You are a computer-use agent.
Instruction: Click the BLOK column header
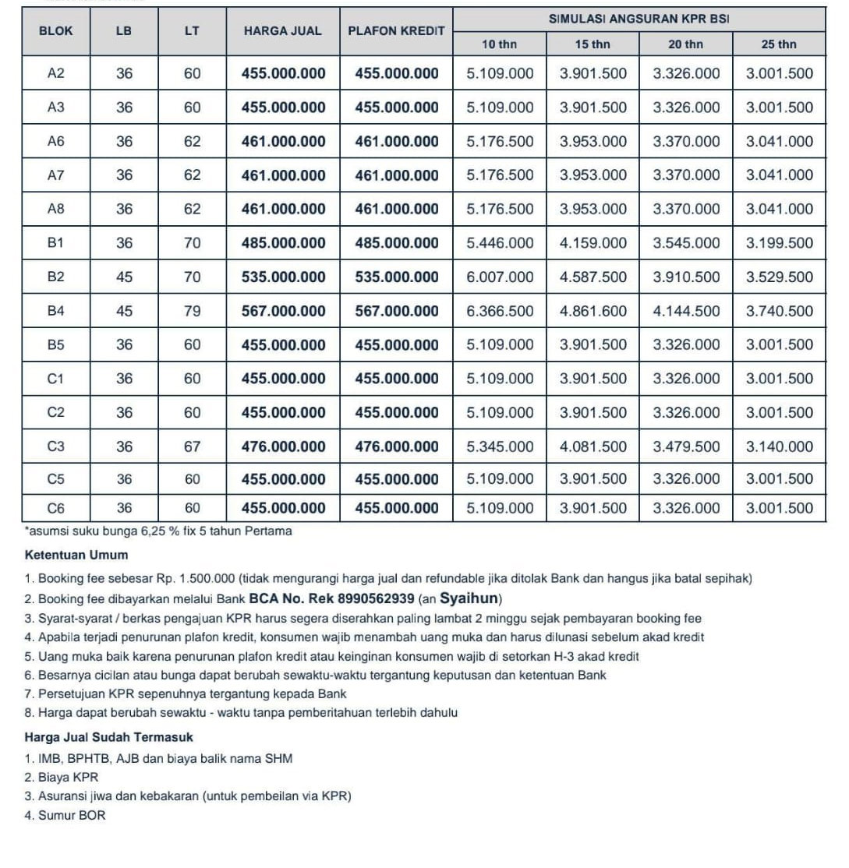point(55,31)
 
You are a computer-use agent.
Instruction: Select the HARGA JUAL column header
point(283,31)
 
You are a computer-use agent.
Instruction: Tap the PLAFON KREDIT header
point(396,31)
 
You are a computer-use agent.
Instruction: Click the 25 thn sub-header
point(779,44)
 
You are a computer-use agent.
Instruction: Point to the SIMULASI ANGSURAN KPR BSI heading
point(639,18)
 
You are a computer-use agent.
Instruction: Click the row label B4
point(55,311)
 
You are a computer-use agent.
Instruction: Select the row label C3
point(55,446)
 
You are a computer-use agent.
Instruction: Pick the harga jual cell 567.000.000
point(284,311)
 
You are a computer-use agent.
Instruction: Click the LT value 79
point(193,311)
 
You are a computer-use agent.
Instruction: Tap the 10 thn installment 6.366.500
point(500,311)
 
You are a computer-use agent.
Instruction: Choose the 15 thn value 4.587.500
point(593,277)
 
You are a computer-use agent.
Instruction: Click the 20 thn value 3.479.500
point(686,446)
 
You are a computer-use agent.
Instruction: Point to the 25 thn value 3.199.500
point(779,243)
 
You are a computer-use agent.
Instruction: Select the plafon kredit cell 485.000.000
point(397,243)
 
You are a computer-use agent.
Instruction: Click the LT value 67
point(193,446)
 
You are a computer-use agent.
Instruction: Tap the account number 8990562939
point(371,599)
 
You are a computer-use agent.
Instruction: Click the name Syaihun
point(469,599)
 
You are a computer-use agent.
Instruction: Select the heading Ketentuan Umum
point(76,556)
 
